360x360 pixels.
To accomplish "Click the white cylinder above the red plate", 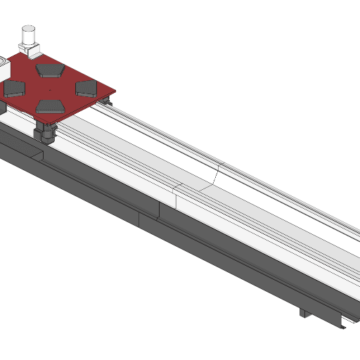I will pos(30,36).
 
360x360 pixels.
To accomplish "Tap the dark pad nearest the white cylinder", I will pos(50,69).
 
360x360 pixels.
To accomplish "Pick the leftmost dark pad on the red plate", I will pos(15,88).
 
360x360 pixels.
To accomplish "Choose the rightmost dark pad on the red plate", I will pos(86,87).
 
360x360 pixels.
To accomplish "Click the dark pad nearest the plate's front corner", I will pos(51,105).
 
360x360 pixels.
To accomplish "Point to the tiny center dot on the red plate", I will pos(51,90).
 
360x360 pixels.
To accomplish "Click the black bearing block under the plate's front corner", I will pos(46,131).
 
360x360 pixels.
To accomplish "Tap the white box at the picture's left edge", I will pos(2,67).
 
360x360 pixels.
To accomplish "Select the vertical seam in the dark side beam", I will pos(139,218).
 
